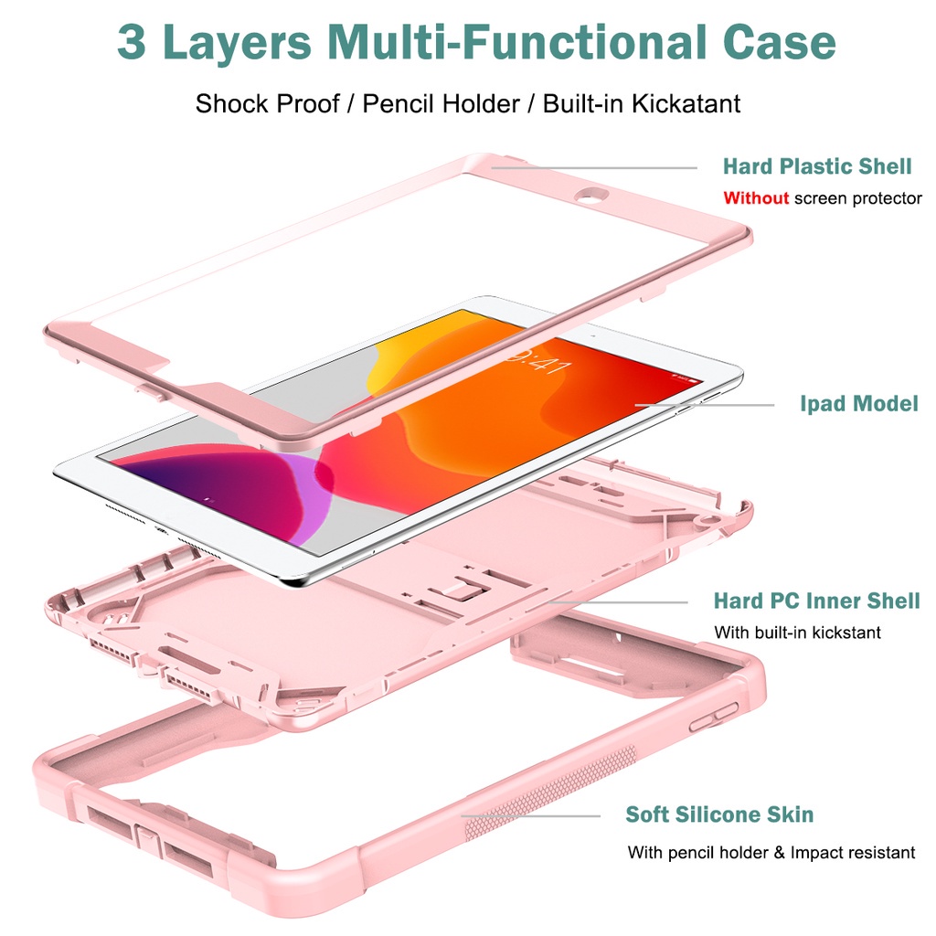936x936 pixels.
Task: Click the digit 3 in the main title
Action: coord(132,42)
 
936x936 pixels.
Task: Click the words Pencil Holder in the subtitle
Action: coord(441,104)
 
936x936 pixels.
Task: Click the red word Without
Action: coord(756,197)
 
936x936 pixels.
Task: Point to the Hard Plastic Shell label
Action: coord(817,166)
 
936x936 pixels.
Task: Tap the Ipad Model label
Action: coord(859,403)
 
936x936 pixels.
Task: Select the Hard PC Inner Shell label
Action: coord(816,601)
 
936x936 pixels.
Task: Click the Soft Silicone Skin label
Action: coord(719,814)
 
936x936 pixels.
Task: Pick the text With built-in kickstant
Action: coord(797,633)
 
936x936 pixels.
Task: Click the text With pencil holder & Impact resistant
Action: coord(771,852)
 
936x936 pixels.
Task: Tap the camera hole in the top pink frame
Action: coord(591,195)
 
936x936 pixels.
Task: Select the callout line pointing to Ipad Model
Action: coord(704,405)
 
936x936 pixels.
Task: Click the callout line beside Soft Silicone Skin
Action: coord(530,815)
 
